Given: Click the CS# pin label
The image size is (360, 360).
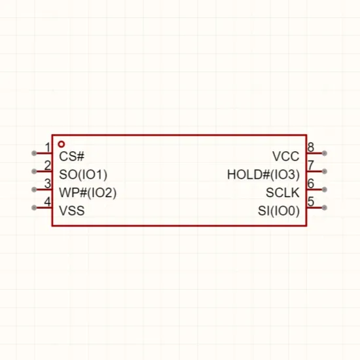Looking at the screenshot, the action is tap(71, 156).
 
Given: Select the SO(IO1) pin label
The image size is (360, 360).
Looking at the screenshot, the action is tap(83, 175).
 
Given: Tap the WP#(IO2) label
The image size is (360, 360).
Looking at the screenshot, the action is tap(88, 192).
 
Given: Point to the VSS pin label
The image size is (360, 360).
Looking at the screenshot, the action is tap(72, 211).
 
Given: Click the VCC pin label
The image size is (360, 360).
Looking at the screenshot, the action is tap(286, 156).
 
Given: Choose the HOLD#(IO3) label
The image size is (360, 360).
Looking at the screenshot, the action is tap(263, 175).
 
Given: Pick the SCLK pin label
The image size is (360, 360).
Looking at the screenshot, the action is tap(283, 192).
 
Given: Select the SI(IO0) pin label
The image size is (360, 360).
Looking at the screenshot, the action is tap(279, 211).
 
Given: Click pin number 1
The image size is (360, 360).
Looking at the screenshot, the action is tap(48, 147).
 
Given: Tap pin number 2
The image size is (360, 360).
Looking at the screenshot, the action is tap(48, 166).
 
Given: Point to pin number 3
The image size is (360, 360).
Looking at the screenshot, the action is tap(48, 184).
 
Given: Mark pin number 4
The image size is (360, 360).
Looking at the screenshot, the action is tap(48, 202).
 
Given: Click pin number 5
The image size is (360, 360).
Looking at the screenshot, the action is tap(311, 202).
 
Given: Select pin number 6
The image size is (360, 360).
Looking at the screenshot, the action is tap(311, 183).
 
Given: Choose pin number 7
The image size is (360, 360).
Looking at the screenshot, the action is tap(311, 166).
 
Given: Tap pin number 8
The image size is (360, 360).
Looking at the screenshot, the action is tap(311, 147).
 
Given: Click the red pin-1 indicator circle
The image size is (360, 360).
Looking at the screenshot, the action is tap(62, 142).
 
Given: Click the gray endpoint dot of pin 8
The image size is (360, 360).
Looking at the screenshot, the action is tap(325, 153).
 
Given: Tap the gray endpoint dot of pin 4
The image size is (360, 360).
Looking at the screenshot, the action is tap(34, 207).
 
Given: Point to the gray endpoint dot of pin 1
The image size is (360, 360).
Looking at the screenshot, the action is tap(34, 153).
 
